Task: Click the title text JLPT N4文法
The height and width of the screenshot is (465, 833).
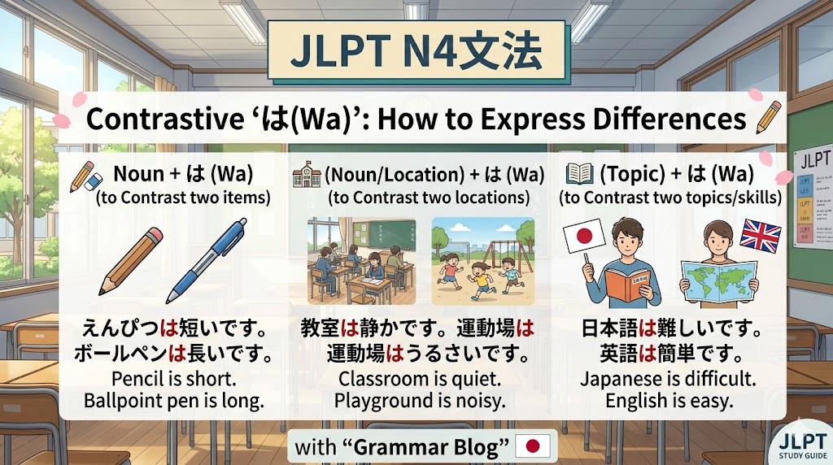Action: point(415,50)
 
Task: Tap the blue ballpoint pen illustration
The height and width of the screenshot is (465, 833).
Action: point(207,261)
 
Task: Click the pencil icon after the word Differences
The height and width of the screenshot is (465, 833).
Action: point(768,118)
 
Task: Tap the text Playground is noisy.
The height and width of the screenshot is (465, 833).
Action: point(420,400)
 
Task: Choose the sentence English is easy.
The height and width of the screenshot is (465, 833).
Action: point(669,400)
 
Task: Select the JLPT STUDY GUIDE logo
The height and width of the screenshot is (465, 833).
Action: point(799,444)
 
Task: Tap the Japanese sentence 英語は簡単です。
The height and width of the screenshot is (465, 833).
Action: point(669,354)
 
